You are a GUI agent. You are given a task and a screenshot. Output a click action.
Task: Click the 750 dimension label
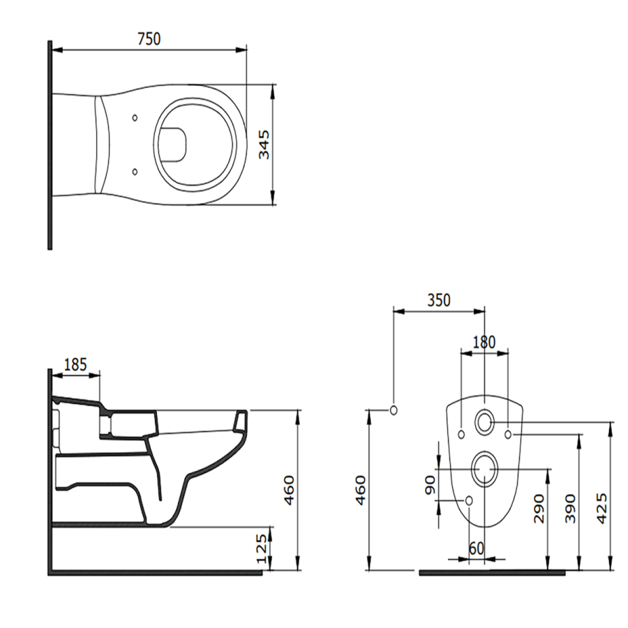tap(149, 39)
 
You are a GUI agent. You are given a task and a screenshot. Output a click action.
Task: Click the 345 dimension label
tap(264, 144)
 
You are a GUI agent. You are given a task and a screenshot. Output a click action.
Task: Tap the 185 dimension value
tap(75, 365)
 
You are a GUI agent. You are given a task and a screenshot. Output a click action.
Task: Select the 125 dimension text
tap(261, 548)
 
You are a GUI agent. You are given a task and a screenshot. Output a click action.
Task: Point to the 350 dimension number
tap(439, 300)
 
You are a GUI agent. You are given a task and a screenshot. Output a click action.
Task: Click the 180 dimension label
tap(484, 343)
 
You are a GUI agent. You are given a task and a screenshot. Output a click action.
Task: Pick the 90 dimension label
tap(430, 485)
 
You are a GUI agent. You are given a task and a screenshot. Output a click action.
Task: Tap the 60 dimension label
tap(476, 548)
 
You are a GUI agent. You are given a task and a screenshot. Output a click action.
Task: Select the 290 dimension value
tap(539, 509)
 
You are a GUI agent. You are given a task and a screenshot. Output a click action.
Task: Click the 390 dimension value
tap(570, 509)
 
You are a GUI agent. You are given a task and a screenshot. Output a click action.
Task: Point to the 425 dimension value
tap(601, 509)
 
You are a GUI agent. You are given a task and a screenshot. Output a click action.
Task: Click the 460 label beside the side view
tap(288, 491)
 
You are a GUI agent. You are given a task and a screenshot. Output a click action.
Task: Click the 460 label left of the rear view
tap(361, 491)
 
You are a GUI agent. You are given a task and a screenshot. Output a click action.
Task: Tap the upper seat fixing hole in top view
tap(135, 118)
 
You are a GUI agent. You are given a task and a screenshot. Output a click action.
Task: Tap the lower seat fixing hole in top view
tap(135, 172)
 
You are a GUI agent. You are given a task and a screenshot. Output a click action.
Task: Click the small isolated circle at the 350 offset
tap(394, 410)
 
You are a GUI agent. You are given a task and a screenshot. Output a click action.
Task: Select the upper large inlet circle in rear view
tap(484, 421)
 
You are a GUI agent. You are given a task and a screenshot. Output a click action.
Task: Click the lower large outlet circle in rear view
tap(485, 469)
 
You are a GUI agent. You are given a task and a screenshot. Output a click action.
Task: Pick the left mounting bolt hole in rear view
tap(461, 434)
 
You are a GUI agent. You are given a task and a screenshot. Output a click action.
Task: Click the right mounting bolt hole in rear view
tap(508, 434)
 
